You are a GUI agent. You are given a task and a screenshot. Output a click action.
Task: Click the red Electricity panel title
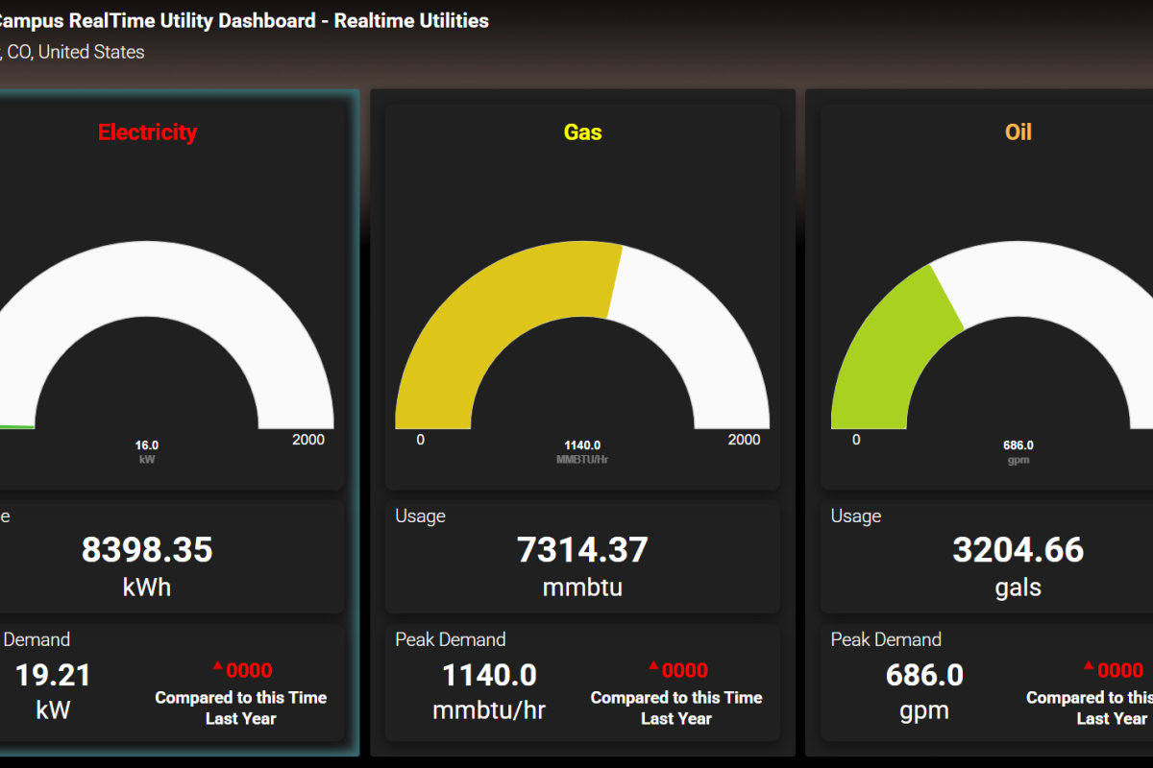147,132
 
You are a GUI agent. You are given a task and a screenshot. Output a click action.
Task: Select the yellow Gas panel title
582,132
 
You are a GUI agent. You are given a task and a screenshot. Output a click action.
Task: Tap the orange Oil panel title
1018,132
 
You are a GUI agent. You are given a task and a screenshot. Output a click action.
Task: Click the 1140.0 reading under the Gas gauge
582,445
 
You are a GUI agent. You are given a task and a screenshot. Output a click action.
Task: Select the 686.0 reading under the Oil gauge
1018,445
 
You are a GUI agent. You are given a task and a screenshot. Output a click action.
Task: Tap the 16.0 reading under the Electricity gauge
147,445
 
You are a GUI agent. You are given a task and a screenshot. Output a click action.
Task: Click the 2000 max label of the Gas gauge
744,440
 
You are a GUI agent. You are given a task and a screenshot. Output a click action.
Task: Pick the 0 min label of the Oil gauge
856,440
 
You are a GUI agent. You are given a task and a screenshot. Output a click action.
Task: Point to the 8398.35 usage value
147,550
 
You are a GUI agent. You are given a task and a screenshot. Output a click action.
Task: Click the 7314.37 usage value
582,550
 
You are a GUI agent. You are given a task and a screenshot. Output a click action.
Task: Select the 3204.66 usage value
1018,550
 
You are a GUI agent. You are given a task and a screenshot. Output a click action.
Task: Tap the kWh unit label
147,588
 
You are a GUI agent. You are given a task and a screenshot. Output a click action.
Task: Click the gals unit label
1018,588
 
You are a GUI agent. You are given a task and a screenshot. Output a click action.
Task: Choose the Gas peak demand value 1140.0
489,675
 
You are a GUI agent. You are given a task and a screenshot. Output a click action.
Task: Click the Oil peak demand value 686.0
924,675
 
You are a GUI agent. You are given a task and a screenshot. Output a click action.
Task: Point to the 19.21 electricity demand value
53,675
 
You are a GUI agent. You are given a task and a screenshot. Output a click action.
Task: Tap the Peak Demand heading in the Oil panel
886,639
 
